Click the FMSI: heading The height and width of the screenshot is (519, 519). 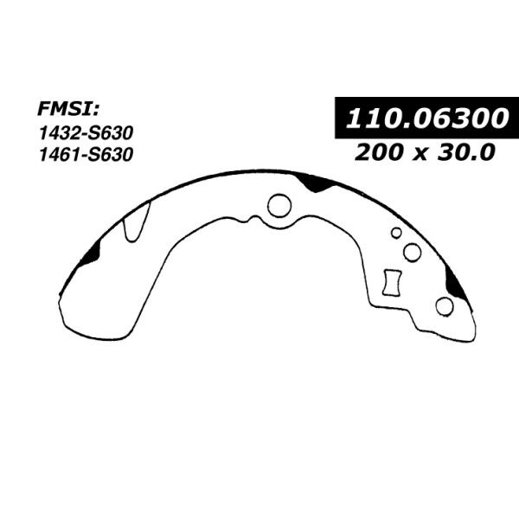click(x=68, y=109)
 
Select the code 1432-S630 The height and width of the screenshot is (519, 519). click(x=86, y=133)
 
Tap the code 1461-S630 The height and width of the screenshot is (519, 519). click(x=86, y=155)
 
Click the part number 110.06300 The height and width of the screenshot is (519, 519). click(x=426, y=119)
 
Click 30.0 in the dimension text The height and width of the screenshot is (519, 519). click(x=466, y=152)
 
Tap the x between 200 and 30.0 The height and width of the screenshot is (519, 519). click(x=420, y=154)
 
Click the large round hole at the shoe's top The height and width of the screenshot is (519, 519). click(x=279, y=206)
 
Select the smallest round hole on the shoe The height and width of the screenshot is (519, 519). click(x=396, y=233)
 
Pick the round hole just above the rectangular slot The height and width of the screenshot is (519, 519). click(x=412, y=253)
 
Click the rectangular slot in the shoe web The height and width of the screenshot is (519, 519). click(x=392, y=283)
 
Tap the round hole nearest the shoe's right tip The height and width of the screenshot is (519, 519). click(x=445, y=306)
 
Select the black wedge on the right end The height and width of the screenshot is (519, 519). click(x=456, y=283)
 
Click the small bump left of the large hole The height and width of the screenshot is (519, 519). click(x=254, y=219)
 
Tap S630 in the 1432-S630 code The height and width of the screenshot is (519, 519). click(x=111, y=133)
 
